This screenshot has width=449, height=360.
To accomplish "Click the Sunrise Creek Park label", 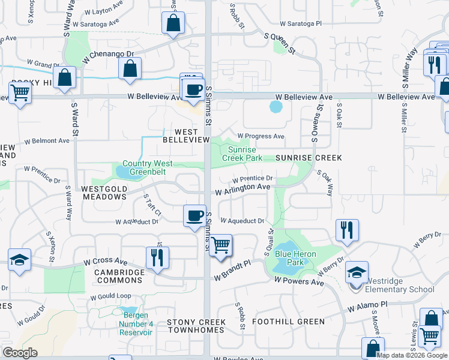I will (x=242, y=154).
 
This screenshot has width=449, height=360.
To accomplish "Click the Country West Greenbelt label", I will (x=148, y=167).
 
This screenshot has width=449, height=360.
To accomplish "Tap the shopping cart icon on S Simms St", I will (x=221, y=245).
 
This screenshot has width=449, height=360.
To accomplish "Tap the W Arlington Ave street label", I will (x=243, y=188).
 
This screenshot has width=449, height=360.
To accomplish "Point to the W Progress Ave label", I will (x=261, y=136).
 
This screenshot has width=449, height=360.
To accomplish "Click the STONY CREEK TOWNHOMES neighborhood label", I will (x=196, y=326).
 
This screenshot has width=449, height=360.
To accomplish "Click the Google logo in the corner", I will (x=20, y=353).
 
